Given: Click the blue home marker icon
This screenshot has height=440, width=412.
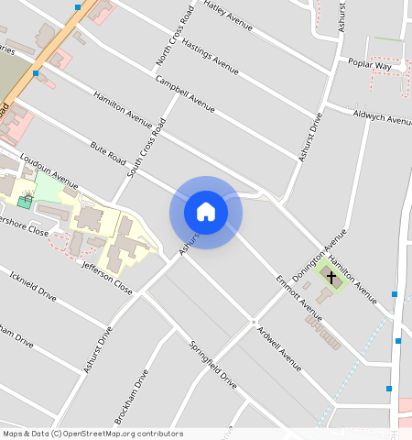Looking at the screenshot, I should coord(206,212).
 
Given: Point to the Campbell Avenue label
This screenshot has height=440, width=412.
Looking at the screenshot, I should coord(185,93).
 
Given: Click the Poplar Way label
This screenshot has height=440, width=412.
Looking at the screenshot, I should coord(370,65).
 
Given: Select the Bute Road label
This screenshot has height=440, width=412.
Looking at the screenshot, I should coord(107,153).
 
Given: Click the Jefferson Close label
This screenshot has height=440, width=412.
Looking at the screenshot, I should coord(107,278).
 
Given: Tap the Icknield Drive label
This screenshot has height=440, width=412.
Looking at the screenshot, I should coord(32,286).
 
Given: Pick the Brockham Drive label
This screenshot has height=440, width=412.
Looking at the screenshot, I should coord(132,396).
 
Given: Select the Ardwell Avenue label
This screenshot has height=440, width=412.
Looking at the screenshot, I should coord(279,348).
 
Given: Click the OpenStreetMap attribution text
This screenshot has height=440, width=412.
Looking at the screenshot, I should coord(92,434).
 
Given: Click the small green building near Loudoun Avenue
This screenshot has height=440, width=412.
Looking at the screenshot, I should coord(22,201).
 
